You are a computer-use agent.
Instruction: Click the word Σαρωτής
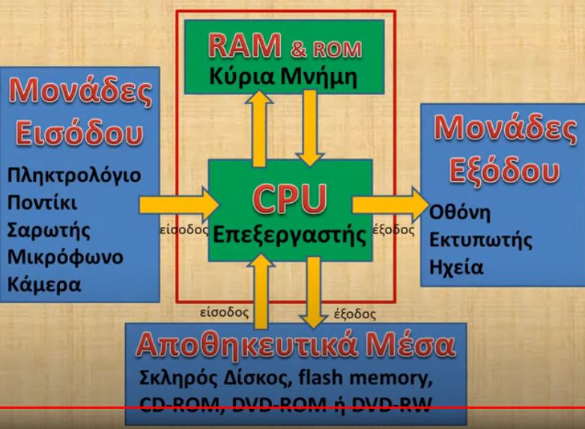(x=45, y=230)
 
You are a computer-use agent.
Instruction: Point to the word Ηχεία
(x=455, y=267)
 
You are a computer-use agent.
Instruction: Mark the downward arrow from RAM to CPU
(x=309, y=127)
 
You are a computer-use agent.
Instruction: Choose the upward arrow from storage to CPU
(x=261, y=292)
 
